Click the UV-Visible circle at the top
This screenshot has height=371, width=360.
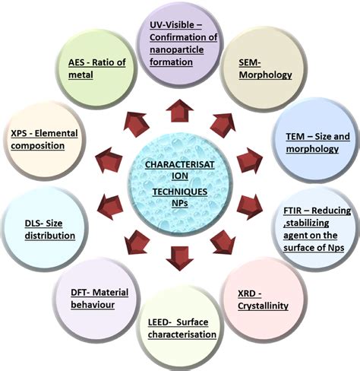point(180,43)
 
